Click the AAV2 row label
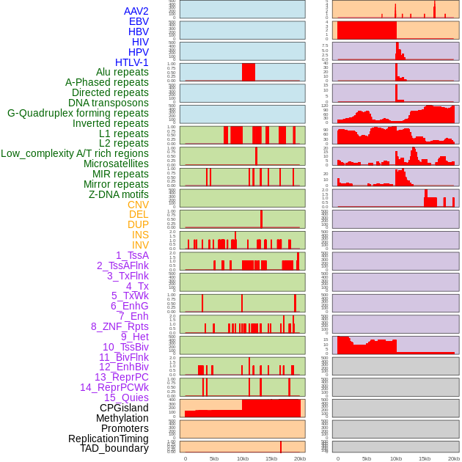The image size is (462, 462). [136, 11]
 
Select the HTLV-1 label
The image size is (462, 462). [132, 62]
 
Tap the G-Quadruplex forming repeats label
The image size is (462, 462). [78, 113]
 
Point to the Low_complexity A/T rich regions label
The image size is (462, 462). [75, 153]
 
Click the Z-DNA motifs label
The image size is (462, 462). [119, 194]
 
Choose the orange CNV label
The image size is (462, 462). [138, 205]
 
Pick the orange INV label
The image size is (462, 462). [140, 245]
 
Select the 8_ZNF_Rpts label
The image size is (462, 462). [120, 326]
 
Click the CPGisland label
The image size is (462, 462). [124, 408]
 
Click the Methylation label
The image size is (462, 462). [122, 418]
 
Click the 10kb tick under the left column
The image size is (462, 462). [242, 458]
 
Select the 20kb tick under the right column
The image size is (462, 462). [454, 458]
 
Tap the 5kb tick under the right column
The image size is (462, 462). [367, 458]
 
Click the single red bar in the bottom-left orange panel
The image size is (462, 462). [281, 447]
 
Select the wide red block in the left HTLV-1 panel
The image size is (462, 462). [249, 72]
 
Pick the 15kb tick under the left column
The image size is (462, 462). [271, 458]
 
